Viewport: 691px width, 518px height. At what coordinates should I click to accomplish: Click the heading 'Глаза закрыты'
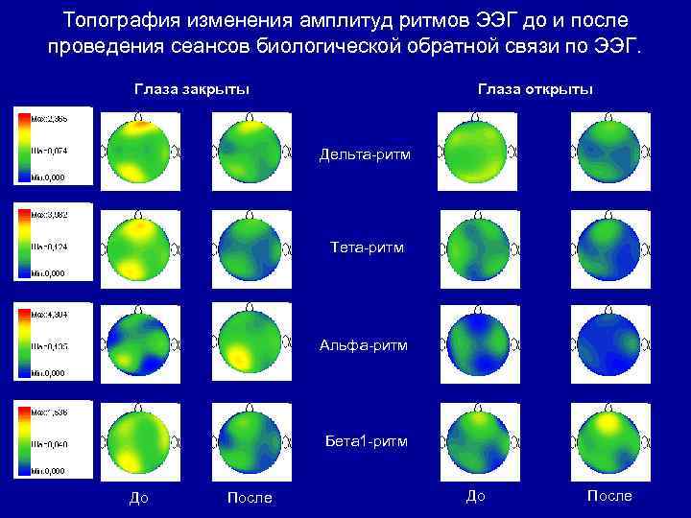click(192, 89)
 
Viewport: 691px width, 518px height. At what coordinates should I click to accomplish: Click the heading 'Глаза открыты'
click(536, 89)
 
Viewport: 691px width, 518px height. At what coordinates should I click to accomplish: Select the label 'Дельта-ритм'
click(366, 153)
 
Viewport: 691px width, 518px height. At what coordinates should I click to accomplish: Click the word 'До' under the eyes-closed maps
click(139, 497)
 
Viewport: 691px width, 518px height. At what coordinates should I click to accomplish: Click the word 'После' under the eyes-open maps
click(609, 496)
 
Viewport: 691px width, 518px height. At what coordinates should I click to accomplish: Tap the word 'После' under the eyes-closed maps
click(250, 498)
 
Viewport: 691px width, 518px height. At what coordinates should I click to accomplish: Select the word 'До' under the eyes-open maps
click(475, 496)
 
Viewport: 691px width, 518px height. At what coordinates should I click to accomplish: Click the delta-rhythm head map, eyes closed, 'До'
click(140, 151)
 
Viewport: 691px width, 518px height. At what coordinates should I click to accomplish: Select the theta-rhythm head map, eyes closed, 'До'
click(140, 248)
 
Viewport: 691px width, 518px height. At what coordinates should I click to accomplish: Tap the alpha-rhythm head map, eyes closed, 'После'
click(250, 342)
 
